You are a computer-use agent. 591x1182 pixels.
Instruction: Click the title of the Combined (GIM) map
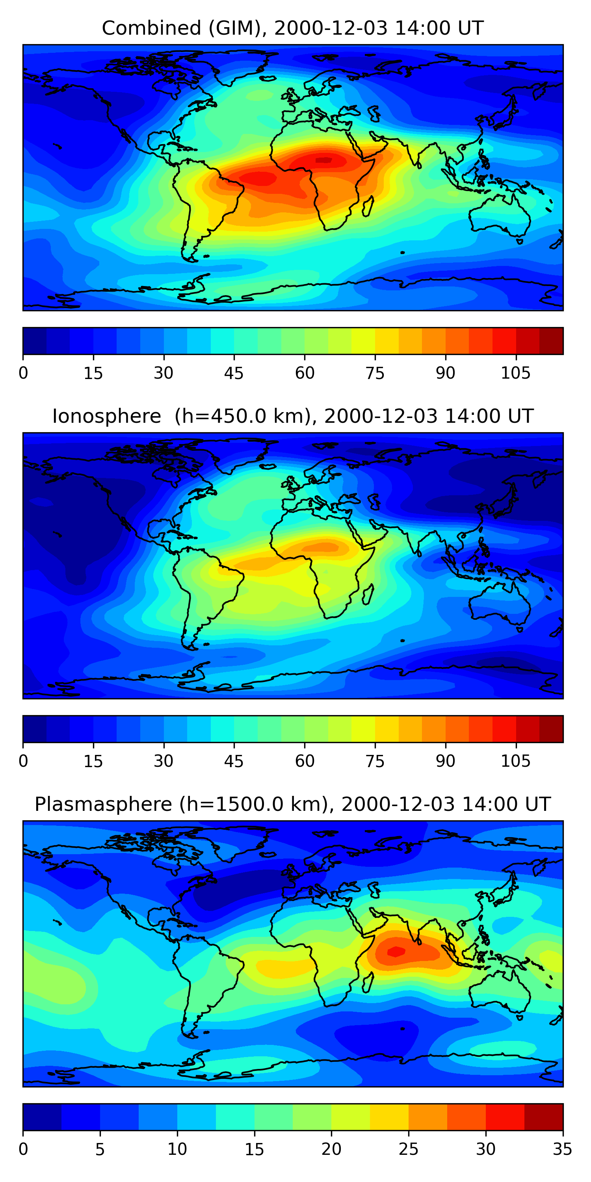(x=292, y=28)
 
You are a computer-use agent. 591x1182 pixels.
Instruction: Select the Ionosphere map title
(x=292, y=416)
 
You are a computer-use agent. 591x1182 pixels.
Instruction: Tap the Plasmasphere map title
(x=292, y=804)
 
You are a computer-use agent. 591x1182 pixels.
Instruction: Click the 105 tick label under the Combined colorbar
(x=515, y=373)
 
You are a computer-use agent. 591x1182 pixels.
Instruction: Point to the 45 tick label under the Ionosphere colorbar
(x=234, y=761)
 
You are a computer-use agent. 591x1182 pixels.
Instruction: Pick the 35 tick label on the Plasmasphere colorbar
(x=562, y=1149)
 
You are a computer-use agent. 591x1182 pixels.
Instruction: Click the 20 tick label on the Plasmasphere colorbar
(x=331, y=1149)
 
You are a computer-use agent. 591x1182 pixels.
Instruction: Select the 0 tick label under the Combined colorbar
(x=23, y=373)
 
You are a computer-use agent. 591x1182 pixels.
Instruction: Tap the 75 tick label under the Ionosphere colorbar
(x=375, y=761)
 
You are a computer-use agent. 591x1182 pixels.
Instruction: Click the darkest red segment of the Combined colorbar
(x=551, y=341)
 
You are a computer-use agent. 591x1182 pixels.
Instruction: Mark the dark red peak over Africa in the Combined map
(x=324, y=160)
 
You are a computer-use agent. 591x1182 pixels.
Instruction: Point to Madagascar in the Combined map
(x=368, y=206)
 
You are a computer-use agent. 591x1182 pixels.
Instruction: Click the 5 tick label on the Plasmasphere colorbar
(x=100, y=1149)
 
